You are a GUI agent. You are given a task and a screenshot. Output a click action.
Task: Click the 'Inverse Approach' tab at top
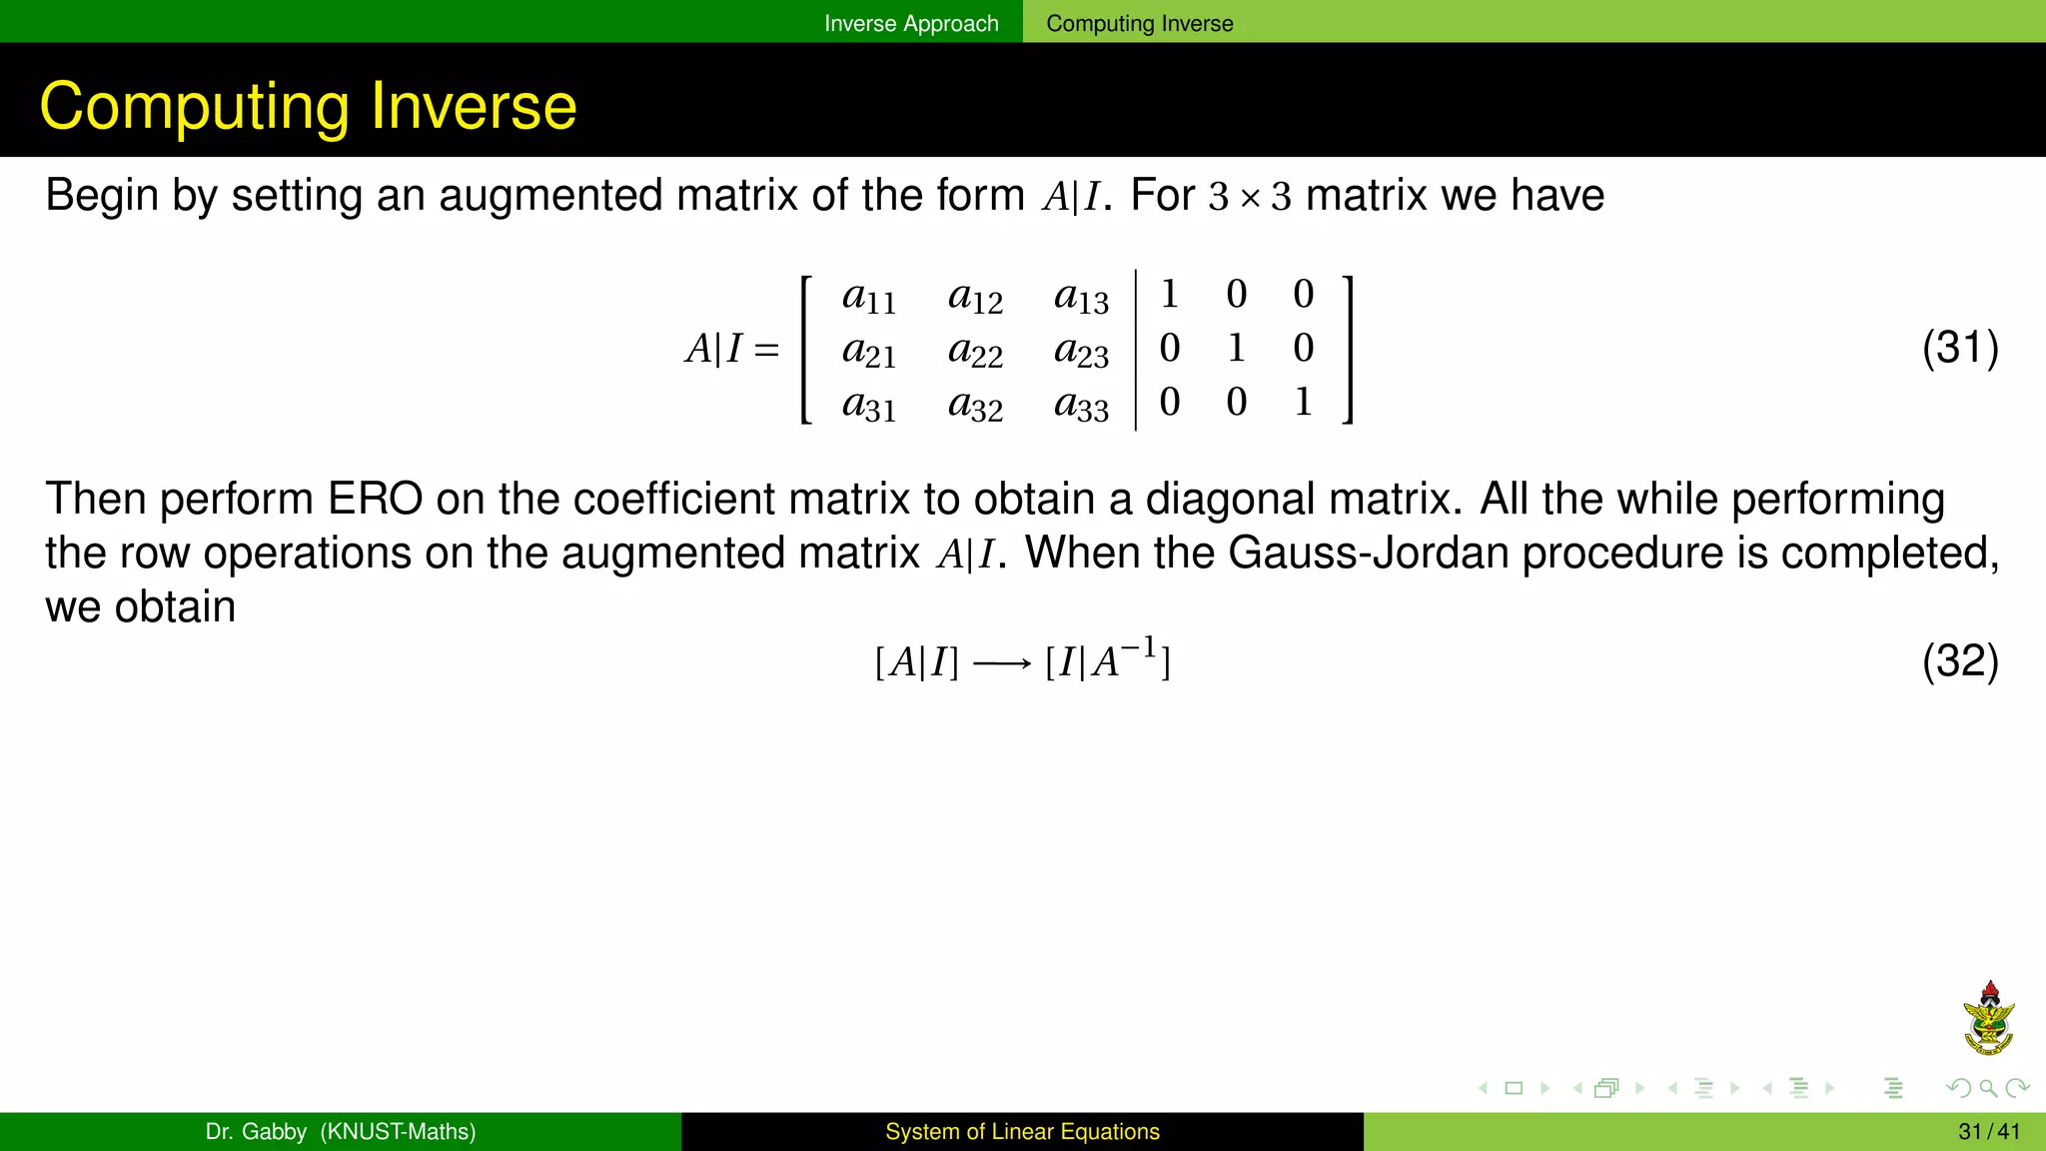(910, 23)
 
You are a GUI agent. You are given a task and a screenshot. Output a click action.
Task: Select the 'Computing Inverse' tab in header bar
(1139, 23)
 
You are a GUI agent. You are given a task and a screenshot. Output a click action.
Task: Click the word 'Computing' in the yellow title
(196, 106)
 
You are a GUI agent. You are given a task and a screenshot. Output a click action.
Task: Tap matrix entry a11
(869, 297)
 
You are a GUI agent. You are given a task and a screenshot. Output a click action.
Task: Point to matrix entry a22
(975, 351)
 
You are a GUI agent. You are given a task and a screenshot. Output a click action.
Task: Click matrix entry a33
(1081, 405)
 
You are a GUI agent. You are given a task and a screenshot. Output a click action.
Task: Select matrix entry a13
(1081, 297)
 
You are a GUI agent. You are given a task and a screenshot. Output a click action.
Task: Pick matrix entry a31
(869, 405)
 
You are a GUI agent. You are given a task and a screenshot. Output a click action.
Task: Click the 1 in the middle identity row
(1236, 348)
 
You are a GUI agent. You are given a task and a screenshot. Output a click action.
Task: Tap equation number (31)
(1959, 348)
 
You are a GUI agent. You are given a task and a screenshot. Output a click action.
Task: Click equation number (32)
(1959, 661)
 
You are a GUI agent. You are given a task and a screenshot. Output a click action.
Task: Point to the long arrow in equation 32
(1001, 663)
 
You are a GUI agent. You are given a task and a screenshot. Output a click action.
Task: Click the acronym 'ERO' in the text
(375, 499)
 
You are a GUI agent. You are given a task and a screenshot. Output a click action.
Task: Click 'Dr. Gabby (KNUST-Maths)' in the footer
(340, 1132)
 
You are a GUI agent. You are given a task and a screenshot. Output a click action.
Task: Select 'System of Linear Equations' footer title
(1022, 1132)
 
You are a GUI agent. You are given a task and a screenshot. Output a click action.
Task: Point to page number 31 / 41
(1988, 1132)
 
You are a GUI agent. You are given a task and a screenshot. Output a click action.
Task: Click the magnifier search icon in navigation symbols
(1988, 1088)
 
